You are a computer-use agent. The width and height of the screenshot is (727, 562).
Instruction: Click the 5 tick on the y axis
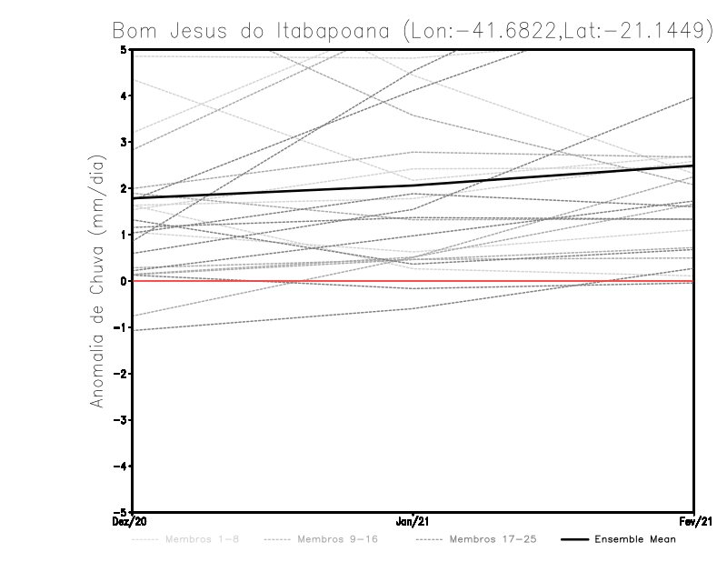pos(124,49)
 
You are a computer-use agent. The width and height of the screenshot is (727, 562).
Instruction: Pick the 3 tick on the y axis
pos(124,142)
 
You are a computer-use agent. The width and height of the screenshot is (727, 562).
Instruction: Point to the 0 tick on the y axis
pos(124,281)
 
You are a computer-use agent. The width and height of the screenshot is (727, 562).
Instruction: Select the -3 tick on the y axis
pos(122,420)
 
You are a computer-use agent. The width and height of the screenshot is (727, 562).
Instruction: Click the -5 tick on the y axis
pos(122,513)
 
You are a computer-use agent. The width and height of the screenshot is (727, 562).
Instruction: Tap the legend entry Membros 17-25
pos(494,539)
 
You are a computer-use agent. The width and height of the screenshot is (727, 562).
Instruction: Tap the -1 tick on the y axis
pos(122,327)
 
